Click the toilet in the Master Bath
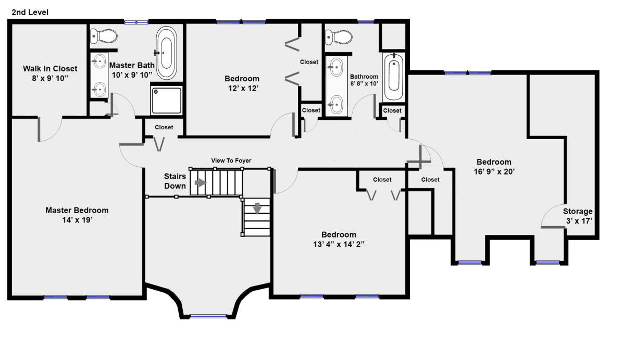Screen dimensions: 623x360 coord(104,36)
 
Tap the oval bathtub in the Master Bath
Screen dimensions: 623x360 coord(166,53)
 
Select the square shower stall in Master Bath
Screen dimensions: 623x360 coord(167,101)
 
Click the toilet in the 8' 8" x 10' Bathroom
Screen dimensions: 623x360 coord(339,38)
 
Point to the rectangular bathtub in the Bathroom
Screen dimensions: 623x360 coord(394,76)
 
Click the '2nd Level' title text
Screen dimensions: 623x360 coord(30,13)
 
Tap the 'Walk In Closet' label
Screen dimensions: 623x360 coord(50,69)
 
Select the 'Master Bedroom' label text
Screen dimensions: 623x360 coord(77,210)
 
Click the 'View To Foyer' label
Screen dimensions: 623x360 coord(231,160)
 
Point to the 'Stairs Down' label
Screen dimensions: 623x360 coord(175,181)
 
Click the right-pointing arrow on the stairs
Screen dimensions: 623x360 coord(201,183)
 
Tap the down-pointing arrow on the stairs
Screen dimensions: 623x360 coord(257,208)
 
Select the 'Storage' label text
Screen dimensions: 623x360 coord(578,212)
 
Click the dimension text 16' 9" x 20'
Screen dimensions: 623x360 coord(494,171)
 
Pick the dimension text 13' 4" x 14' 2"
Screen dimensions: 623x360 coord(339,244)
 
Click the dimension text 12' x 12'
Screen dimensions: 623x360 coord(243,88)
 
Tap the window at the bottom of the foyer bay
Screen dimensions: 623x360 coord(208,317)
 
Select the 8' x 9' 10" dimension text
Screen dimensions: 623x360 coord(50,78)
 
